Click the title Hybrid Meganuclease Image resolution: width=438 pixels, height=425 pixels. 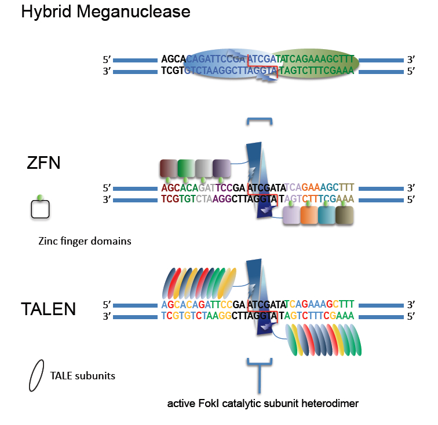pyautogui.click(x=105, y=11)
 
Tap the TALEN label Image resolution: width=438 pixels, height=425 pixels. pyautogui.click(x=48, y=309)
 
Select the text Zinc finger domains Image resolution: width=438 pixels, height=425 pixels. pyautogui.click(x=81, y=241)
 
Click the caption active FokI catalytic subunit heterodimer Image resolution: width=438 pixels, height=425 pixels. pyautogui.click(x=263, y=404)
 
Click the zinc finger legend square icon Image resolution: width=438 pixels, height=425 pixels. pyautogui.click(x=40, y=209)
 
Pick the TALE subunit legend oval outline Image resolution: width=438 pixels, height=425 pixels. pyautogui.click(x=36, y=376)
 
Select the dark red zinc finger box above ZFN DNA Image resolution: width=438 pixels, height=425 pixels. pyautogui.click(x=169, y=168)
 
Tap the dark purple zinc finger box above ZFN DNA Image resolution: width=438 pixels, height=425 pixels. pyautogui.click(x=222, y=168)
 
